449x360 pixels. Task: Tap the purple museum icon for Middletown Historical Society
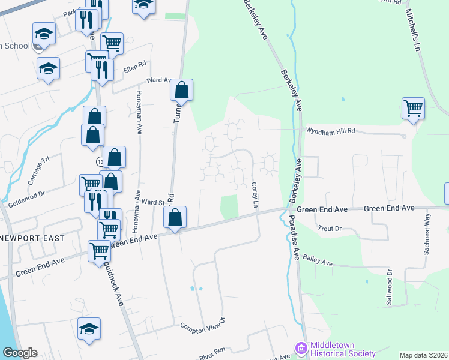click(301, 348)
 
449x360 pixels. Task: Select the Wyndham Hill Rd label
click(331, 130)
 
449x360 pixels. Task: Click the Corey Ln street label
click(255, 196)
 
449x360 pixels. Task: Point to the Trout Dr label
click(330, 229)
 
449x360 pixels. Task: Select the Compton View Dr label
click(202, 325)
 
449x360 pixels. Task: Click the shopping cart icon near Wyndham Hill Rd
click(413, 109)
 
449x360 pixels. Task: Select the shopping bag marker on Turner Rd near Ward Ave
click(182, 91)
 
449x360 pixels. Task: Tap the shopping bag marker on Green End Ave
click(175, 217)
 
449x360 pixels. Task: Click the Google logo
click(19, 353)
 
